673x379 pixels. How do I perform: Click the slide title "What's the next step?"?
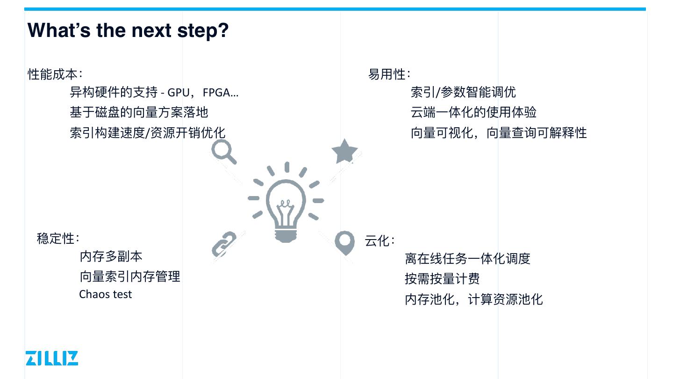pos(128,30)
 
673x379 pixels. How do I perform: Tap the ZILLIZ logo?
pos(52,358)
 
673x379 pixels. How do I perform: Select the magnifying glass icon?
pos(223,152)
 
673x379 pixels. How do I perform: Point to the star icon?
pos(344,152)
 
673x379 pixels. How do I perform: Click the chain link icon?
pos(224,244)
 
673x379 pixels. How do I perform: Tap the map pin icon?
pos(345,242)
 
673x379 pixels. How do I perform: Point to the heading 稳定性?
pos(57,238)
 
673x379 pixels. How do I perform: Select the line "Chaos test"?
pos(106,294)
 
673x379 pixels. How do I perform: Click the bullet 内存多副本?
pos(111,256)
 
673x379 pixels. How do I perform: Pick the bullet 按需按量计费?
pos(442,279)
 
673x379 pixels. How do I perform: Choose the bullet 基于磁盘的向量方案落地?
pos(139,112)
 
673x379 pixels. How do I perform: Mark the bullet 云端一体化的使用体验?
pos(473,112)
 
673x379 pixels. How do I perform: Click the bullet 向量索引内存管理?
pos(129,277)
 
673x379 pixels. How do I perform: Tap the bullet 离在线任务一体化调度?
pos(467,259)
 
